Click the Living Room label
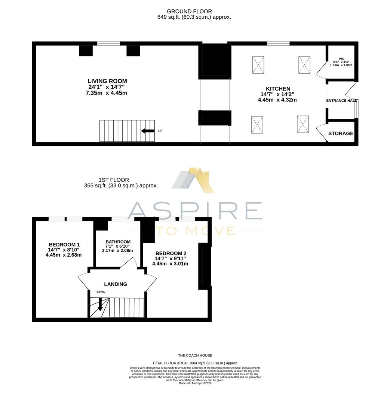(107, 81)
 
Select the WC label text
(341, 59)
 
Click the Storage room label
(341, 134)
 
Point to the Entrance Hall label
(341, 101)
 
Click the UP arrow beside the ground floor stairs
(148, 131)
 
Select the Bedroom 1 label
(64, 245)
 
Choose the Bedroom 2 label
(171, 253)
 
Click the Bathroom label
(118, 242)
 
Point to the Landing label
(116, 284)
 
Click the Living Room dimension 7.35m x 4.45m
(107, 93)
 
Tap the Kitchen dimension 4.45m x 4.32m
(277, 100)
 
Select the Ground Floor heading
(189, 11)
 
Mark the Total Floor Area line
(195, 363)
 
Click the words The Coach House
(195, 355)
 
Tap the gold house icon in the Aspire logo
(201, 180)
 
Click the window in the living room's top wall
(108, 43)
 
